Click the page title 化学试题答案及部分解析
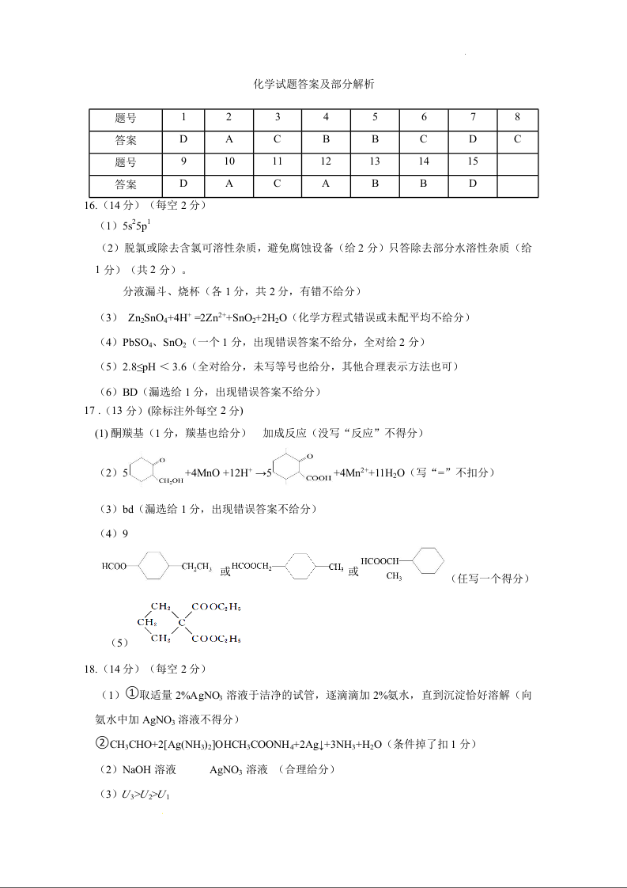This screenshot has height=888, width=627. [x=313, y=84]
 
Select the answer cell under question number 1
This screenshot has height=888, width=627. [x=183, y=140]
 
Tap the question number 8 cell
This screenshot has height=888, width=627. [x=517, y=117]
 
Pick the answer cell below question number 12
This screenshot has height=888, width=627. [x=326, y=184]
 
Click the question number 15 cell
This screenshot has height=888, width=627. [x=473, y=162]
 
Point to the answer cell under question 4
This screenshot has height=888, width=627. [x=326, y=140]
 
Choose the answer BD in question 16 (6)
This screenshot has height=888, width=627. [x=130, y=392]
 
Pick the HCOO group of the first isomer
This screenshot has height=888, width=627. [x=114, y=566]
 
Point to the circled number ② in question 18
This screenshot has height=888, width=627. [x=101, y=744]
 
